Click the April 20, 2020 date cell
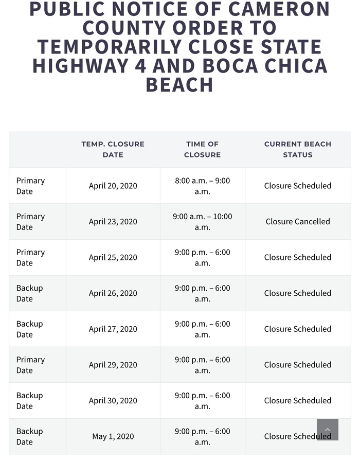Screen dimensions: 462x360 tap(113, 186)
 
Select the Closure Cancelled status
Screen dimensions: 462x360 tap(298, 222)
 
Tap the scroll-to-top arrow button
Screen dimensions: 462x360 tap(328, 430)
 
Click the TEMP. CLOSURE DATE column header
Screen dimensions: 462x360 tap(113, 149)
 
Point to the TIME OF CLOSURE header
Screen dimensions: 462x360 tap(203, 149)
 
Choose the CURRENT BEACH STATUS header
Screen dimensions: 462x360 tap(298, 149)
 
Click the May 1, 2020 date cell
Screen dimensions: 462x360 tap(113, 436)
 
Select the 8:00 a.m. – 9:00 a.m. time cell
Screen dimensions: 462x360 tap(203, 186)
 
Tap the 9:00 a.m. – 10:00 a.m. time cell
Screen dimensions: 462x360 tap(203, 222)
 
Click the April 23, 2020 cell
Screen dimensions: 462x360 tap(113, 222)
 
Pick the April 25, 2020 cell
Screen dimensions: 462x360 tap(113, 257)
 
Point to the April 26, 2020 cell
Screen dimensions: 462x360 tap(113, 293)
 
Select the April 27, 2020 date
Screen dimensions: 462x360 tap(113, 329)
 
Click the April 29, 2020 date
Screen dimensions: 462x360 tap(113, 365)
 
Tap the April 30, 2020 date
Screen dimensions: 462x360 tap(113, 400)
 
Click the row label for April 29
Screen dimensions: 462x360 tap(30, 365)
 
